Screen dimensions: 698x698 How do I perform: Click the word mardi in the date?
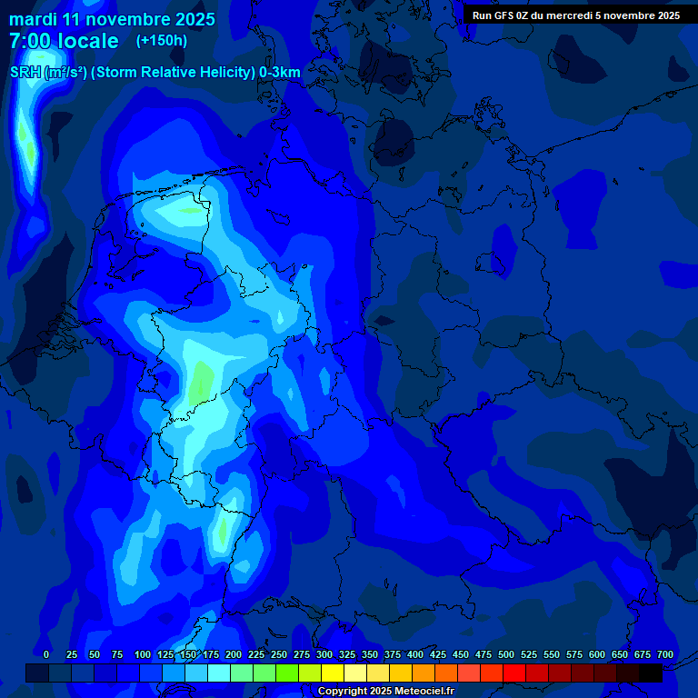[33, 19]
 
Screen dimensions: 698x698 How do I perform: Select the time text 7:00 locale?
[64, 41]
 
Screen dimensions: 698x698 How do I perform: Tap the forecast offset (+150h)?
[162, 41]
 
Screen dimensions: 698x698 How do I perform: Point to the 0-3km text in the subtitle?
[279, 72]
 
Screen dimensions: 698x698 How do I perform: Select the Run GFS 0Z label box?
[576, 15]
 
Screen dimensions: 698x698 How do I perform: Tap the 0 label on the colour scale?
[46, 654]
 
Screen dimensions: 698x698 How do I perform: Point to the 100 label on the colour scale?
[143, 654]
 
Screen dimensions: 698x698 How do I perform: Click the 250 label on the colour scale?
[279, 654]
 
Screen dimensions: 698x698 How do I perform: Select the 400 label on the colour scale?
[415, 654]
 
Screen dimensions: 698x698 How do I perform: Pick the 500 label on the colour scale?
[506, 654]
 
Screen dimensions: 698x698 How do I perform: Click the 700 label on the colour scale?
[665, 654]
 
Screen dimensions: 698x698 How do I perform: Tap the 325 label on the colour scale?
[347, 654]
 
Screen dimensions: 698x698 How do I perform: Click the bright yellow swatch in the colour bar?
[333, 673]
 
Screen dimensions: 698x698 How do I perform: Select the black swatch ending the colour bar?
[651, 673]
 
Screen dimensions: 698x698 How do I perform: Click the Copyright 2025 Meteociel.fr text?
[385, 692]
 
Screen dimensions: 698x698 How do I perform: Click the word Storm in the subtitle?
[130, 72]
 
